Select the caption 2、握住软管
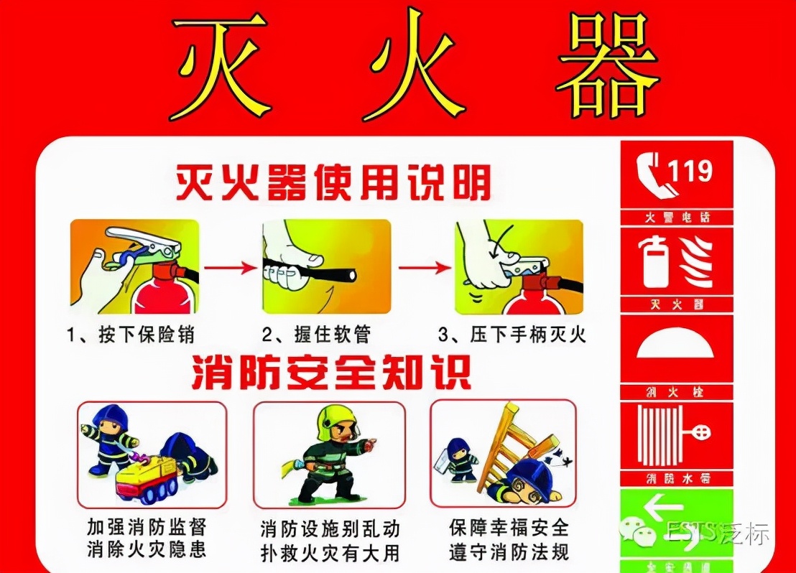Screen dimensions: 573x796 click(315, 335)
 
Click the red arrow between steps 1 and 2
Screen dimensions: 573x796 click(230, 268)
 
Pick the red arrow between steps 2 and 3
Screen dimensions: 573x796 click(425, 268)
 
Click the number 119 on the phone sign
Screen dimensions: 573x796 click(690, 171)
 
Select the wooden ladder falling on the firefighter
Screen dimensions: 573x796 click(514, 442)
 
